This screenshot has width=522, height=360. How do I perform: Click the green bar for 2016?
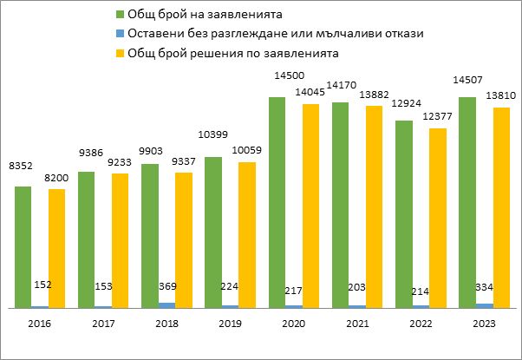[x=23, y=247]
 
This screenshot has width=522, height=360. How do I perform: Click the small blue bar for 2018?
[x=166, y=304]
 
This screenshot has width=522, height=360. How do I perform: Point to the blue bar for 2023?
[x=485, y=305]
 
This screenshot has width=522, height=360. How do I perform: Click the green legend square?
[x=119, y=16]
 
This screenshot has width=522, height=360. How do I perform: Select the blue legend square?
[x=119, y=34]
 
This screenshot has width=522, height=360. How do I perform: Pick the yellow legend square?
[x=119, y=52]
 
